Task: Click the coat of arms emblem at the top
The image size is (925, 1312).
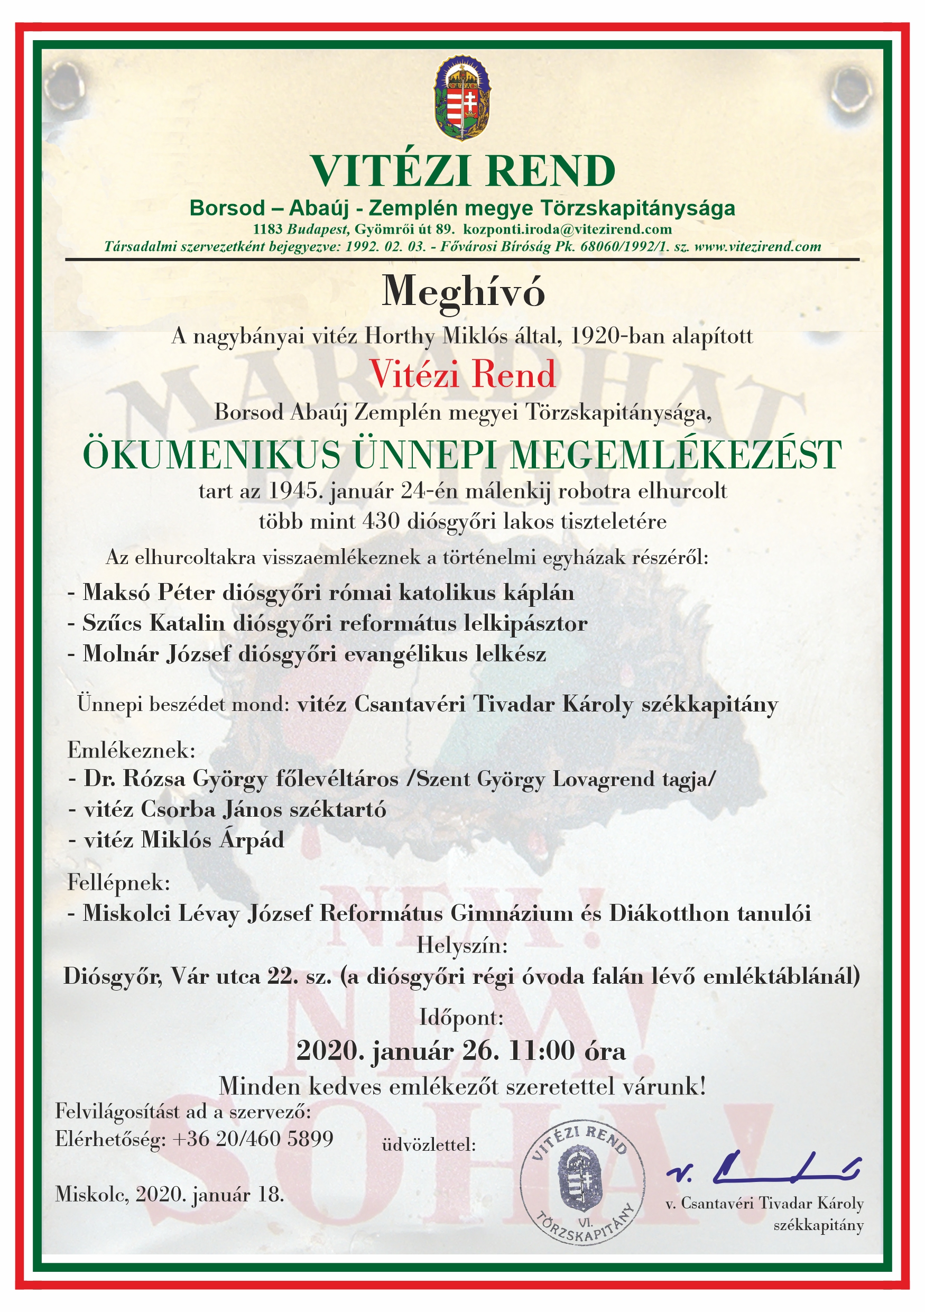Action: tap(462, 98)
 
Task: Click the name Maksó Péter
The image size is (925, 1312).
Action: tap(149, 593)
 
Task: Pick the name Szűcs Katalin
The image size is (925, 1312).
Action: tap(154, 623)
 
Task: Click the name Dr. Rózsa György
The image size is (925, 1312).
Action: tap(175, 779)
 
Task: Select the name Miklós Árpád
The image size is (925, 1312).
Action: tap(212, 840)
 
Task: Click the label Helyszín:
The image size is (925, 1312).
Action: tap(462, 946)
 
